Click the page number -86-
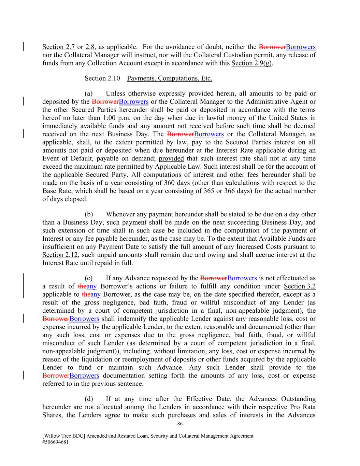click(x=180, y=424)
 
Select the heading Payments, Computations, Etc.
click(x=169, y=79)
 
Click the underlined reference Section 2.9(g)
click(x=251, y=63)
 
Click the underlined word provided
click(x=171, y=158)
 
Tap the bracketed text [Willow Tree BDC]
click(x=64, y=436)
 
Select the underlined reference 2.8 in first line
click(x=90, y=47)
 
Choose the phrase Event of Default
click(x=66, y=158)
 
